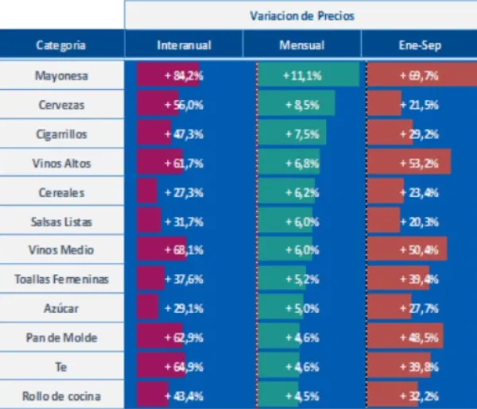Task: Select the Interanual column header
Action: click(x=184, y=45)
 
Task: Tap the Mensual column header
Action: click(x=301, y=45)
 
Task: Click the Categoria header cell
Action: click(x=61, y=45)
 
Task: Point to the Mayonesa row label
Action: click(x=61, y=76)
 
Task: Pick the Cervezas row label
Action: click(x=61, y=105)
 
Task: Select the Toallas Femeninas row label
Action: click(x=61, y=279)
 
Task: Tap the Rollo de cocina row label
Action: click(x=61, y=395)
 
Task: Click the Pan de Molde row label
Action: click(x=61, y=338)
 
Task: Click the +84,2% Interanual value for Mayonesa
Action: click(x=184, y=76)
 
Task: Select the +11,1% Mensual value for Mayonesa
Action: click(x=301, y=76)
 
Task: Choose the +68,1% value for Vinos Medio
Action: click(x=184, y=250)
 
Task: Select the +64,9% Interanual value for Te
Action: click(x=184, y=366)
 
